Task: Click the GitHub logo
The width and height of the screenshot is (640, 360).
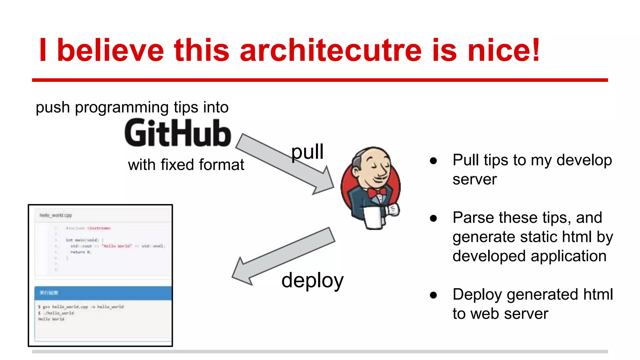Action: [x=178, y=133]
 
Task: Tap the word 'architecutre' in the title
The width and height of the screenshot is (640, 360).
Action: [x=331, y=50]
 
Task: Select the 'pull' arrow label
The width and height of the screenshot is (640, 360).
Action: [x=307, y=152]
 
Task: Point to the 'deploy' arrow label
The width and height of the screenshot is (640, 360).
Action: [x=312, y=280]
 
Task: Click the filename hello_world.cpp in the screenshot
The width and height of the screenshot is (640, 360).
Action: [x=56, y=215]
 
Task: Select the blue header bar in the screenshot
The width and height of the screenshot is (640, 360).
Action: [x=103, y=293]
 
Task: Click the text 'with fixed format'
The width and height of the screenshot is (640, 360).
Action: [x=186, y=165]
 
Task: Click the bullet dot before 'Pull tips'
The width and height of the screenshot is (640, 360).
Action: [x=433, y=161]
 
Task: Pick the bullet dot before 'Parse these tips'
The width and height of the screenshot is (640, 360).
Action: [x=433, y=218]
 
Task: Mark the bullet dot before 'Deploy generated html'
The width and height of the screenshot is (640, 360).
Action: [x=433, y=295]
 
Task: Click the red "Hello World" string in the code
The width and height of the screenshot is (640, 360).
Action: [x=117, y=246]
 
